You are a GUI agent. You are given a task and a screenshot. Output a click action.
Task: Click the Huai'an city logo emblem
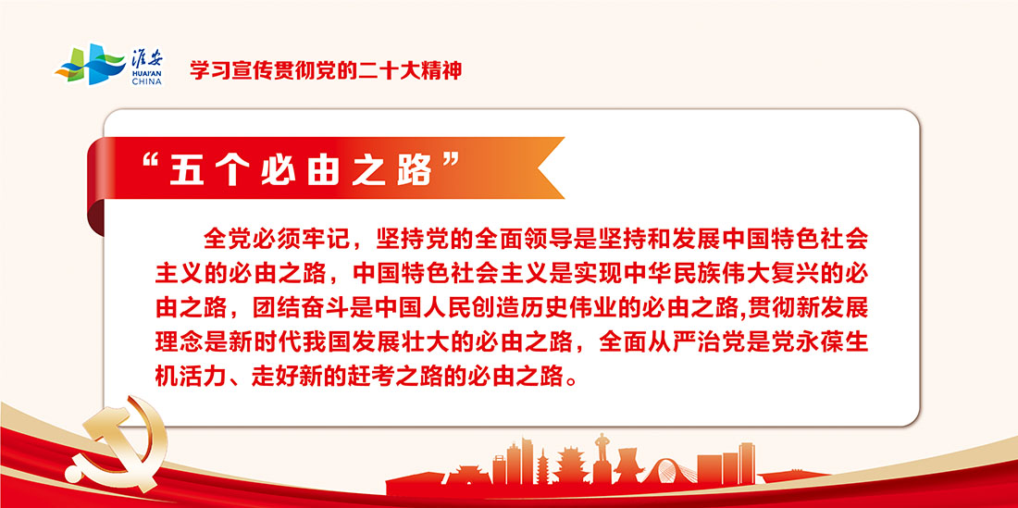click(x=90, y=64)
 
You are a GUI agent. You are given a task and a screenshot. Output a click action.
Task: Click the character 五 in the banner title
click(x=186, y=170)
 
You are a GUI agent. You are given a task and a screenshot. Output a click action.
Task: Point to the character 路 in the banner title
click(x=416, y=170)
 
